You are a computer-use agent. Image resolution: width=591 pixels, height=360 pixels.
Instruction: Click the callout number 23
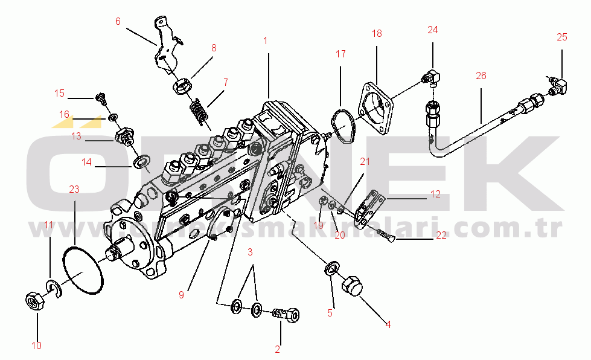[x=74, y=189]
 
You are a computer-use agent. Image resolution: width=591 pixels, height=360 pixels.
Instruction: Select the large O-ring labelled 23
[x=83, y=271]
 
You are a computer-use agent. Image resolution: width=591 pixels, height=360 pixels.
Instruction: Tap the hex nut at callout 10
[x=34, y=300]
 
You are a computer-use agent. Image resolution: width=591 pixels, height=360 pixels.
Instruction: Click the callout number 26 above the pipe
[x=481, y=76]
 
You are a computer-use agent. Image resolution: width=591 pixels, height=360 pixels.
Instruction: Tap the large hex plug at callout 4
[x=352, y=286]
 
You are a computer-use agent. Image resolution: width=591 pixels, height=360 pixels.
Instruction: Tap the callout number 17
[x=340, y=54]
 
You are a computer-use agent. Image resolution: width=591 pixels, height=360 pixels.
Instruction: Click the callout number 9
[x=180, y=295]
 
